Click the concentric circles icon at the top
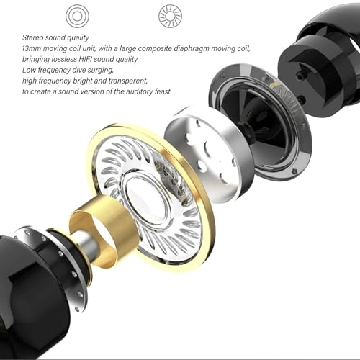[76, 15]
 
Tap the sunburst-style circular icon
[170, 15]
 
